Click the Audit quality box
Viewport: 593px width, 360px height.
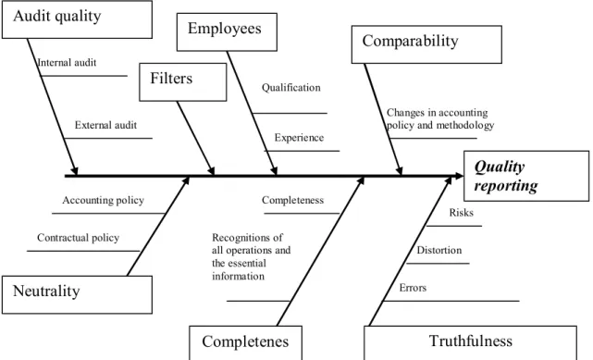pyautogui.click(x=77, y=19)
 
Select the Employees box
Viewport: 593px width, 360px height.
pyautogui.click(x=227, y=32)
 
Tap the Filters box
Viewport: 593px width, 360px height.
pyautogui.click(x=183, y=82)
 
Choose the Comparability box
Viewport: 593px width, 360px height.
pyautogui.click(x=426, y=44)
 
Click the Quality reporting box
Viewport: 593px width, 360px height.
pyautogui.click(x=526, y=176)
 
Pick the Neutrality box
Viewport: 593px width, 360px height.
pyautogui.click(x=77, y=295)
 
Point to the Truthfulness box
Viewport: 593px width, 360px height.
pyautogui.click(x=471, y=342)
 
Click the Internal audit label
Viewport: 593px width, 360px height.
pyautogui.click(x=67, y=62)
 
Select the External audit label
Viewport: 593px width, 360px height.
pyautogui.click(x=105, y=125)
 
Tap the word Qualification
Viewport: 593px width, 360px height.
pyautogui.click(x=290, y=88)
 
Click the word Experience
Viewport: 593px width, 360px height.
pyautogui.click(x=299, y=138)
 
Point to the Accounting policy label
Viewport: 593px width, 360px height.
pyautogui.click(x=104, y=201)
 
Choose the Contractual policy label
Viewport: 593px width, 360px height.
pyautogui.click(x=79, y=238)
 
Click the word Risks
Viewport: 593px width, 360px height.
pyautogui.click(x=462, y=213)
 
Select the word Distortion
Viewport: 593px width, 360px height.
pyautogui.click(x=439, y=250)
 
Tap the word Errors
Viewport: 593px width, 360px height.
pyautogui.click(x=413, y=288)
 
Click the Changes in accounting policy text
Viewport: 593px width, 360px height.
pyautogui.click(x=440, y=118)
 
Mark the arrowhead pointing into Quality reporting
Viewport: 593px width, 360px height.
pyautogui.click(x=459, y=176)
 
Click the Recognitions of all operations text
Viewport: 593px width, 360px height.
pyautogui.click(x=251, y=256)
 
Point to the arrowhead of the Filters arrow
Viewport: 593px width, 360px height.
pyautogui.click(x=211, y=170)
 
